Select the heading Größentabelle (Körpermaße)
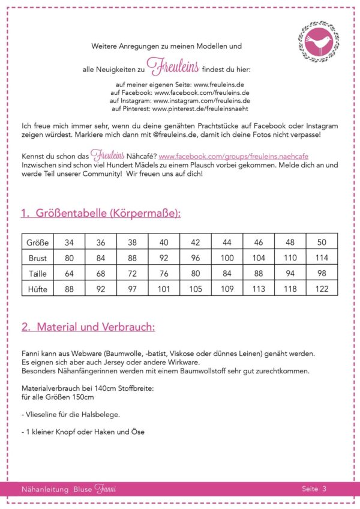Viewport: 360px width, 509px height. click(x=100, y=213)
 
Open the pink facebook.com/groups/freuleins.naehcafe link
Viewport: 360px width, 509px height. click(x=233, y=156)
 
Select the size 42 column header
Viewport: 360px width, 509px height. click(x=195, y=242)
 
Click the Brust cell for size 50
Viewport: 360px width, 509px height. click(x=322, y=258)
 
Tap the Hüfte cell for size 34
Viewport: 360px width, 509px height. click(x=69, y=289)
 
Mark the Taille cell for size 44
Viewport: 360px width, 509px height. click(x=227, y=273)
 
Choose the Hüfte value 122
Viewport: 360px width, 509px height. click(x=322, y=289)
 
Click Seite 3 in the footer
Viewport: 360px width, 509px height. click(x=314, y=489)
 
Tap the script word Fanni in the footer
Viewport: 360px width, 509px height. click(x=105, y=489)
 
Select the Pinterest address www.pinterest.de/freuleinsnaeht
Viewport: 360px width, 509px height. click(x=200, y=110)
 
